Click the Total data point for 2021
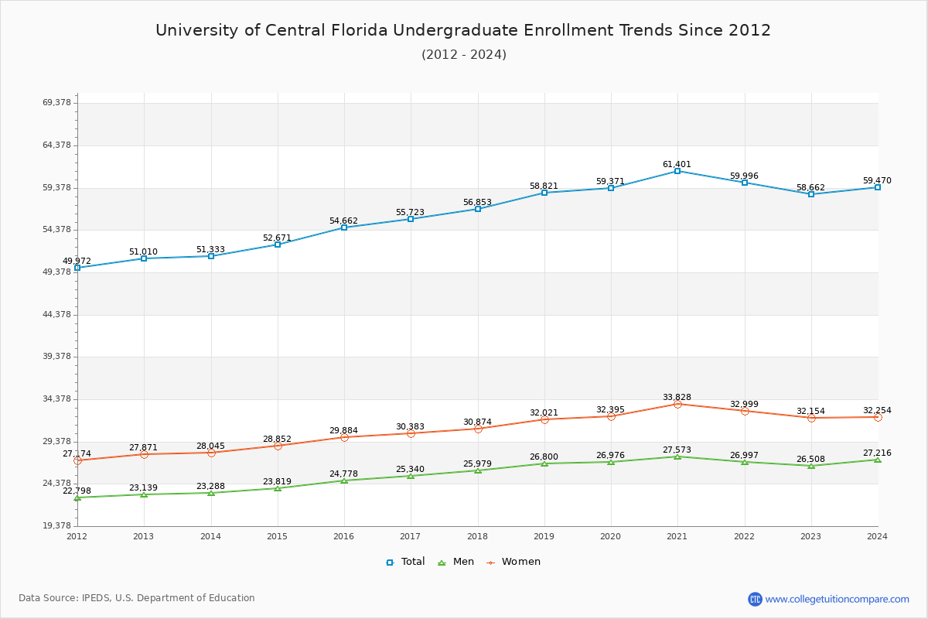[x=677, y=171]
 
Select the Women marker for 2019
[x=544, y=419]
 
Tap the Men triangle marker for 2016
[x=344, y=480]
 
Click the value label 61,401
[x=677, y=164]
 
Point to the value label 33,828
[x=677, y=397]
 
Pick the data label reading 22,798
[x=77, y=491]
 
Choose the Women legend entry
[x=513, y=562]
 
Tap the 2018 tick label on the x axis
[x=477, y=536]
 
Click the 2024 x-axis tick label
[x=877, y=536]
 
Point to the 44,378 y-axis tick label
[x=56, y=314]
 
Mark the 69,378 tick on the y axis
[x=56, y=103]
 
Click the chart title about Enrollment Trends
[x=463, y=30]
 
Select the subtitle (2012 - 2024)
[x=463, y=54]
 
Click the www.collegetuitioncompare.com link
[x=837, y=599]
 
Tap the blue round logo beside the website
[x=755, y=599]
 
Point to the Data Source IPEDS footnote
[x=137, y=598]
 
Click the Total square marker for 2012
[x=77, y=268]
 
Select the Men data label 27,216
[x=877, y=453]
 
